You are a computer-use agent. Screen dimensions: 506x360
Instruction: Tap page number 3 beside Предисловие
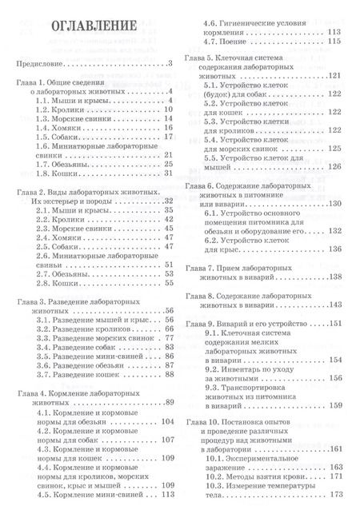170,63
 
